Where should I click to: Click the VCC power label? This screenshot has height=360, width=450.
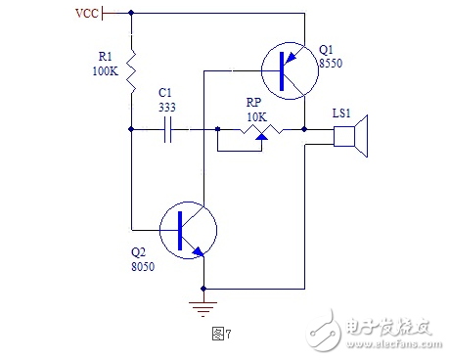click(87, 14)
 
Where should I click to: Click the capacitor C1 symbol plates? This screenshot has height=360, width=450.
click(169, 129)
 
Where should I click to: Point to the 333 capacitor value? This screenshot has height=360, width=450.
click(168, 108)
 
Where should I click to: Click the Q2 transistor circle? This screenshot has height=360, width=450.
click(187, 231)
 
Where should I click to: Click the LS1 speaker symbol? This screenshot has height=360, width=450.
click(351, 137)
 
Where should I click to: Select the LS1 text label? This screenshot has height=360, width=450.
click(341, 113)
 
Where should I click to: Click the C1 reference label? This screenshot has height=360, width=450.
click(166, 95)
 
